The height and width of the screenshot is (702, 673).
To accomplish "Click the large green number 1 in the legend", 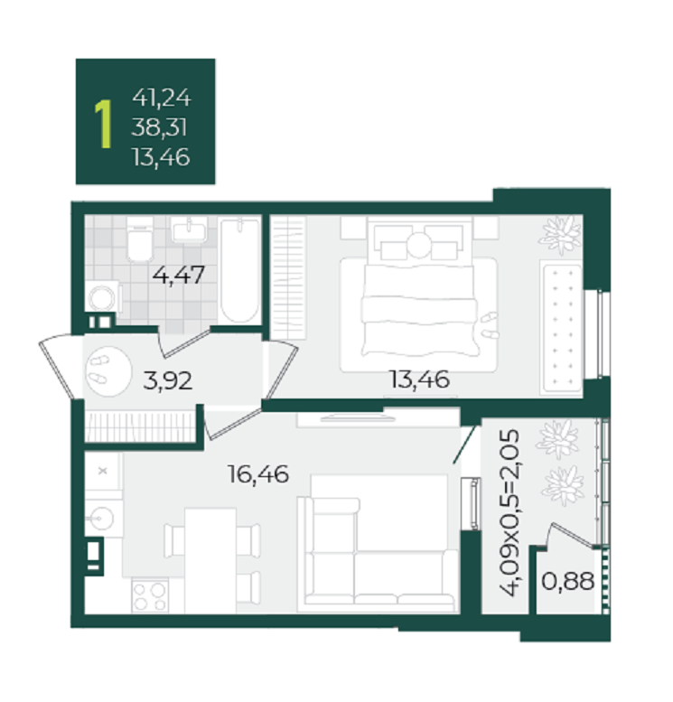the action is point(104,124).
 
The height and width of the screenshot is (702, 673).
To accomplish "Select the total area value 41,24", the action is point(162,98).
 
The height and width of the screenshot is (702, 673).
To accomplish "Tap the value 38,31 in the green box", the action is point(159,127).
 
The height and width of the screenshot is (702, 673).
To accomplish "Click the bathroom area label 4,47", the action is point(179,275).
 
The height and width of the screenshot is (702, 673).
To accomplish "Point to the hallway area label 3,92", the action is point(167,380).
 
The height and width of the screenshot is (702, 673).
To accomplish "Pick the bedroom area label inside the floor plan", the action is point(419,379).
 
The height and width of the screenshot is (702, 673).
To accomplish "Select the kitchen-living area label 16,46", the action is point(258,474).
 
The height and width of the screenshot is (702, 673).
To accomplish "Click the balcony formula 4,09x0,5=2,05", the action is point(509,512).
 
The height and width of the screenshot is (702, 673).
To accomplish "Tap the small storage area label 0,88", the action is point(568,581).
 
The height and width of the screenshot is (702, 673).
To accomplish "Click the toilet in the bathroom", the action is point(140,239).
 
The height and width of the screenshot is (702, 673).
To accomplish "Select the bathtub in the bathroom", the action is point(240,270).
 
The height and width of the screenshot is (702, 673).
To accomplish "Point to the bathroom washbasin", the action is point(189,229).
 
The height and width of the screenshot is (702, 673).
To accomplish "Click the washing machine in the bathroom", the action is point(104,296).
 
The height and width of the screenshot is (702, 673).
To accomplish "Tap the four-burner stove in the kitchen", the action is point(150,596).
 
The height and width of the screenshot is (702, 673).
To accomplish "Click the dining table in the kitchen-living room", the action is point(210,560).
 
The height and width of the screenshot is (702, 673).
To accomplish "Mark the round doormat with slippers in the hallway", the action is point(107,371).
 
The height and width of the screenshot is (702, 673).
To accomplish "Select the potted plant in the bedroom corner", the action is point(561,235).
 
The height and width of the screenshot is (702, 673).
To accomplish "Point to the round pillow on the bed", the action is point(419,246).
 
